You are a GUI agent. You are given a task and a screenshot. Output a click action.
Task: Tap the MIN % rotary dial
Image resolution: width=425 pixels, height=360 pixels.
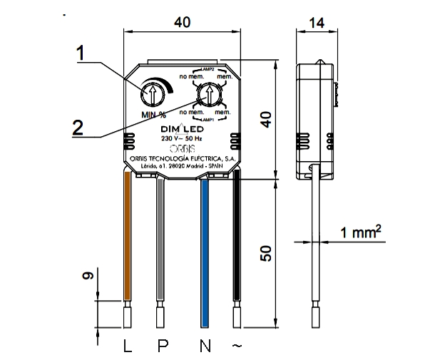click(x=153, y=93)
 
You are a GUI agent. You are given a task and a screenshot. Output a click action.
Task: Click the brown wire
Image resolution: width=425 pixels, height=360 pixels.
click(x=128, y=235)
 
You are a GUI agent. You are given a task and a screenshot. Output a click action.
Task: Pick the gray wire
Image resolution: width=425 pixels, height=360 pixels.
click(x=160, y=235)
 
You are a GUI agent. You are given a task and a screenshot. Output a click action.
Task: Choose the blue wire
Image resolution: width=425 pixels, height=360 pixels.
click(x=205, y=235)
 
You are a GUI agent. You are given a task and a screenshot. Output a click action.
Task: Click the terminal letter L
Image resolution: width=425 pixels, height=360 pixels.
click(x=128, y=346)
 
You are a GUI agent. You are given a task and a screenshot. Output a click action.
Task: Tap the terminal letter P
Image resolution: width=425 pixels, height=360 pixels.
click(x=163, y=346)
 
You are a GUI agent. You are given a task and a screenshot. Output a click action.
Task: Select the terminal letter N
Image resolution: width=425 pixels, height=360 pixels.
click(x=205, y=346)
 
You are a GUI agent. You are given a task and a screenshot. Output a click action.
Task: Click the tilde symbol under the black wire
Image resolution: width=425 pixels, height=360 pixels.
click(x=237, y=346)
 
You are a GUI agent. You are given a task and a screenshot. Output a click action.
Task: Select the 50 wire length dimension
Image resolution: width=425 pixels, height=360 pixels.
click(x=266, y=253)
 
